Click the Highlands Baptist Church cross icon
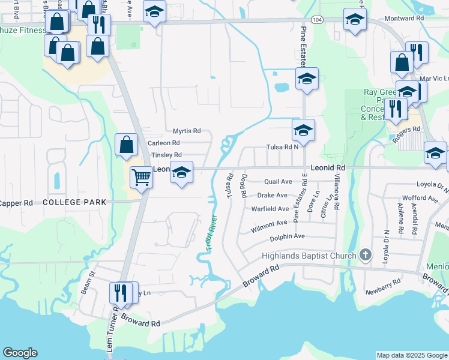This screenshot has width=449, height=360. coord(365,256)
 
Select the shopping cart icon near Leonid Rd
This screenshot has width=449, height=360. coord(141,177)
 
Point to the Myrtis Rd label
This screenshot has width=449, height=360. coord(187,131)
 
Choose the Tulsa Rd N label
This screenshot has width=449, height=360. coord(282,148)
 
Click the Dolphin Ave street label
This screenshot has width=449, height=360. coord(287,236)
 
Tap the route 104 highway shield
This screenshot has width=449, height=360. coord(318,20)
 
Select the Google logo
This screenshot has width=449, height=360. coord(20,353)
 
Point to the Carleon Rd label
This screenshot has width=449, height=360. coord(164,143)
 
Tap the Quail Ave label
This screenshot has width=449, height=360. coord(279,182)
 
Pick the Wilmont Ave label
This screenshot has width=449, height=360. coord(269,223)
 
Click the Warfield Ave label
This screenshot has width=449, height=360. coord(270,209)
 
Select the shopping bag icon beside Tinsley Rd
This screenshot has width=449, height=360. coord(126,145)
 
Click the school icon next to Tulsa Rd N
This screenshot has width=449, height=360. coord(303,130)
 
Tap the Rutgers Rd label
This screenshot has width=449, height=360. coord(408,130)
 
